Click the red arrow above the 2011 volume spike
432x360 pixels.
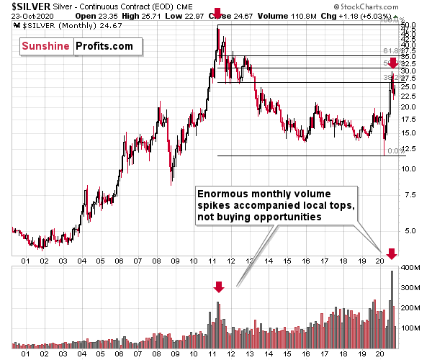pyautogui.click(x=219, y=287)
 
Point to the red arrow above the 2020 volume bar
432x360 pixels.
pyautogui.click(x=391, y=253)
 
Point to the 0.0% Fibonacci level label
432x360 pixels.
pyautogui.click(x=393, y=151)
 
